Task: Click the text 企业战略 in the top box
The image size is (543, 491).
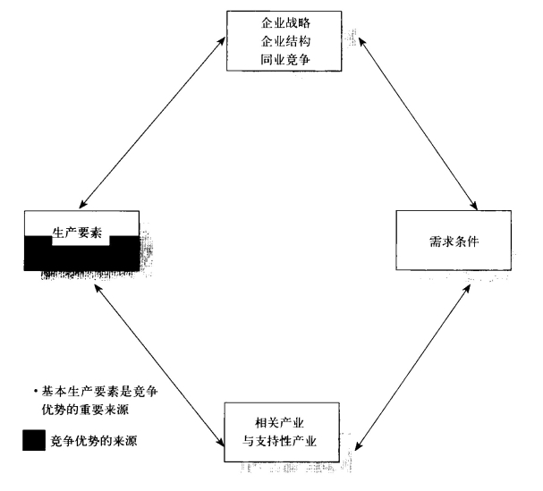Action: [285, 23]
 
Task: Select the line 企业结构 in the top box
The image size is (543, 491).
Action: [285, 41]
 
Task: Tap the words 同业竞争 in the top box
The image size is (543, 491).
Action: [285, 60]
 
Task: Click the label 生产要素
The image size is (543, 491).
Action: [77, 233]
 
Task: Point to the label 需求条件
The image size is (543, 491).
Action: [454, 241]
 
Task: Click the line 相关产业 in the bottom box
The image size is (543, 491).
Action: [279, 423]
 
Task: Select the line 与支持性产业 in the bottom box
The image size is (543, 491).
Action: [279, 441]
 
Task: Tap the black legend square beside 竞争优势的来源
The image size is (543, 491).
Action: [34, 440]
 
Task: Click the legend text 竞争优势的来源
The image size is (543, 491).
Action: [94, 441]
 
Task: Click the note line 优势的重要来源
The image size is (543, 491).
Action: [85, 410]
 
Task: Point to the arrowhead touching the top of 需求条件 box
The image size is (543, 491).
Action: [473, 205]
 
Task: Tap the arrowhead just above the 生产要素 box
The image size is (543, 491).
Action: [83, 204]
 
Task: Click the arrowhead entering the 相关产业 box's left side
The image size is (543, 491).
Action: [221, 441]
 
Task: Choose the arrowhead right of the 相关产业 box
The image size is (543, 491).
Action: [359, 445]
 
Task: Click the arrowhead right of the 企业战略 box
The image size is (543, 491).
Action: [362, 42]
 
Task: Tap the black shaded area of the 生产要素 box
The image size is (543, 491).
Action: [81, 258]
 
